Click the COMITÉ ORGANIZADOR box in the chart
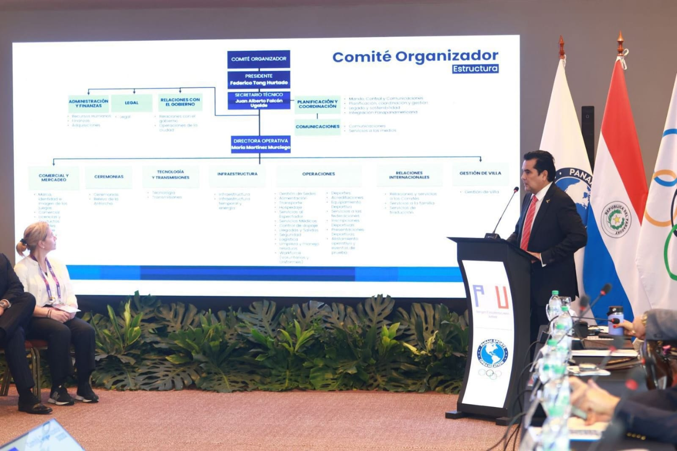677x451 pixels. (259, 59)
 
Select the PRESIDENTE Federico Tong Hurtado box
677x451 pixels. (259, 80)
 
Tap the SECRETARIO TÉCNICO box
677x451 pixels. (259, 100)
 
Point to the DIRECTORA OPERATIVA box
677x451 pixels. (261, 144)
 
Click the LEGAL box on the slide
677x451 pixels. (132, 103)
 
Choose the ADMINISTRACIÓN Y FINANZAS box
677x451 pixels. (88, 103)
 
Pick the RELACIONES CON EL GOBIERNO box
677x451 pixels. (180, 102)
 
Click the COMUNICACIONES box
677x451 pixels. (317, 126)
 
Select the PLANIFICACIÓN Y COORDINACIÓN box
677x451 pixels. (317, 104)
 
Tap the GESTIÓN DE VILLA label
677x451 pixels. (480, 173)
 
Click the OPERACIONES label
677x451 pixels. (319, 174)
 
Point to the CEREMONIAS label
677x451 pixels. (109, 176)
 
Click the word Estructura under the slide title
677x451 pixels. (475, 69)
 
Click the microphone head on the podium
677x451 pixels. (516, 189)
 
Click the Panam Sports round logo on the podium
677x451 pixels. (492, 354)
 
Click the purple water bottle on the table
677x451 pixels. (615, 320)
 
